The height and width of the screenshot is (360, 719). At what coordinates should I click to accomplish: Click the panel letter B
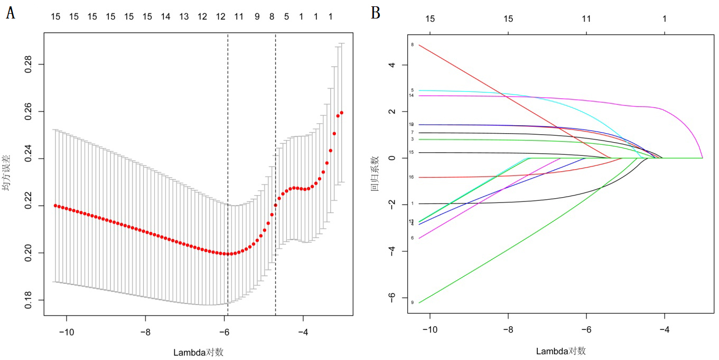(x=376, y=13)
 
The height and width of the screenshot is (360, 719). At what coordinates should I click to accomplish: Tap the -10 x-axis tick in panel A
(x=67, y=333)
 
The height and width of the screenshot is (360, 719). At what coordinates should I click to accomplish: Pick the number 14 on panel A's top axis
(x=165, y=17)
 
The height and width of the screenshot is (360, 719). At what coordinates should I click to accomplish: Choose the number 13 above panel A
(x=184, y=17)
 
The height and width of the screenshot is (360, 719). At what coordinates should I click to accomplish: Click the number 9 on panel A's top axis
(x=257, y=17)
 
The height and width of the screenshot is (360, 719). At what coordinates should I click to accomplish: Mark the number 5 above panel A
(x=287, y=17)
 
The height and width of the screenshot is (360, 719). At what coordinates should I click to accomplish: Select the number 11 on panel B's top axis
(x=586, y=19)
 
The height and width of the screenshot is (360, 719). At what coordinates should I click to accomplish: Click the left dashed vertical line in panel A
(x=228, y=159)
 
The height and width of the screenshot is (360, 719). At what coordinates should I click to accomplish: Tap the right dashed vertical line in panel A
(x=276, y=159)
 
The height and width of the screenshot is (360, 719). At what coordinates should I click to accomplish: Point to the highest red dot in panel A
(x=342, y=113)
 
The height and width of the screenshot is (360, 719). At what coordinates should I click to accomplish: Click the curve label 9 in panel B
(x=412, y=302)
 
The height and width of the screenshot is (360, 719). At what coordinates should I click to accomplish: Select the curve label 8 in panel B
(x=412, y=45)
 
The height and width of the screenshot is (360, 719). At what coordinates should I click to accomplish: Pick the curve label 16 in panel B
(x=412, y=177)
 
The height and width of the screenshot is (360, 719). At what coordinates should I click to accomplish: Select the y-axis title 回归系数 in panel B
(x=376, y=173)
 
